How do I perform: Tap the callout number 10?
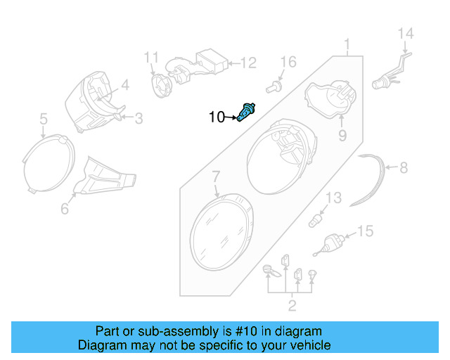(x=217, y=117)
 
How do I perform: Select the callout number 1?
(x=347, y=46)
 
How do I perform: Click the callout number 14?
(x=406, y=34)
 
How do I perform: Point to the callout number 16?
(x=289, y=63)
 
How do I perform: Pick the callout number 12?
(x=248, y=63)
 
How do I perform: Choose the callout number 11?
(x=153, y=57)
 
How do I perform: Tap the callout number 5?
(x=43, y=119)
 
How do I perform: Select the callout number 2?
(x=291, y=305)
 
